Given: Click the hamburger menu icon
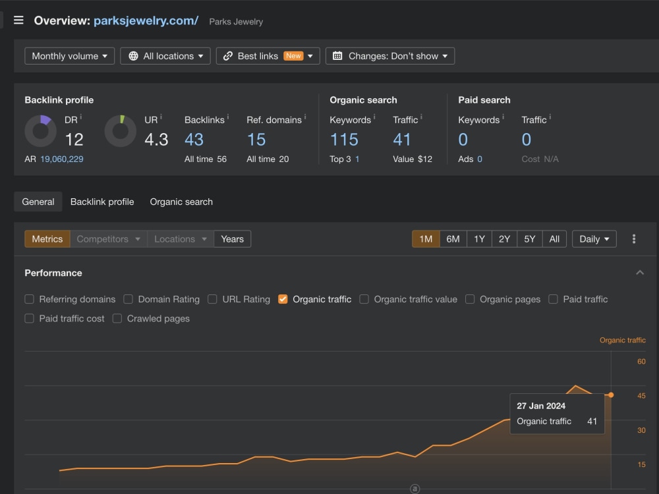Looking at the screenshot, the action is point(18,20).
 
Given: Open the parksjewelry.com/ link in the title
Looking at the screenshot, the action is point(146,20).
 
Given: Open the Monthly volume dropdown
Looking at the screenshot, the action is point(70,56).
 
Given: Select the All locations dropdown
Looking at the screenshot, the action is point(165,56).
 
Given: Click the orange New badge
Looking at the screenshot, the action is point(293,56).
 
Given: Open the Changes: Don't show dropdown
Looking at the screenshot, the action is point(390,56).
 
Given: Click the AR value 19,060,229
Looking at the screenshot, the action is point(62,159).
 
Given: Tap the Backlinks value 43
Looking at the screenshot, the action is point(194,140).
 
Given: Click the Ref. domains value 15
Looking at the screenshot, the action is point(256,140).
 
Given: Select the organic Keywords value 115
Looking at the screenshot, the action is point(344,140).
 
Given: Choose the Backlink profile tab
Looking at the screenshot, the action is point(102,202).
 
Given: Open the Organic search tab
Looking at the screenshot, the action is point(181,202).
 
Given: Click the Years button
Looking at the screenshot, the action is point(233,239).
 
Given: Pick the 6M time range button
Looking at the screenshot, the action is point(453,239).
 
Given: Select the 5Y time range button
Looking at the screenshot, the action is point(530,239).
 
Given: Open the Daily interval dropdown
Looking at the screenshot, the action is point(594,239).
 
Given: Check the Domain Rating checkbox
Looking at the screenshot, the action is point(129,299).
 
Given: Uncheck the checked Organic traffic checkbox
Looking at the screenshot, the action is point(283,299).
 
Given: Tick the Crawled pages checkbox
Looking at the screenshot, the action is point(117,318).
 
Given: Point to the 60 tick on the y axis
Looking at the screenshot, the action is point(641,361).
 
